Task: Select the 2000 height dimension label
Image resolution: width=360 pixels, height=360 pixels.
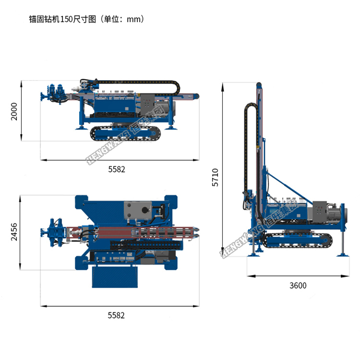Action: point(14,111)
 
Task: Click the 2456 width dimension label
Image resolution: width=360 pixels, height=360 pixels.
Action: point(14,232)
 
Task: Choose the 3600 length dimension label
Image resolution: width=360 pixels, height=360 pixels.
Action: point(298,286)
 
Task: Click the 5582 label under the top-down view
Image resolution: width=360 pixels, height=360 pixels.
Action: point(116,315)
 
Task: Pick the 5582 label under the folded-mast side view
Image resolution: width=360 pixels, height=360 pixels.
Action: point(116,168)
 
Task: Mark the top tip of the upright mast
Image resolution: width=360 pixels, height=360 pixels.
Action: point(259,84)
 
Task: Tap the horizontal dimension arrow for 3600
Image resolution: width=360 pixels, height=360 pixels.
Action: point(298,276)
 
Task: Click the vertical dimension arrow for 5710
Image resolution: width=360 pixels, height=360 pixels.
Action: point(223,168)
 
